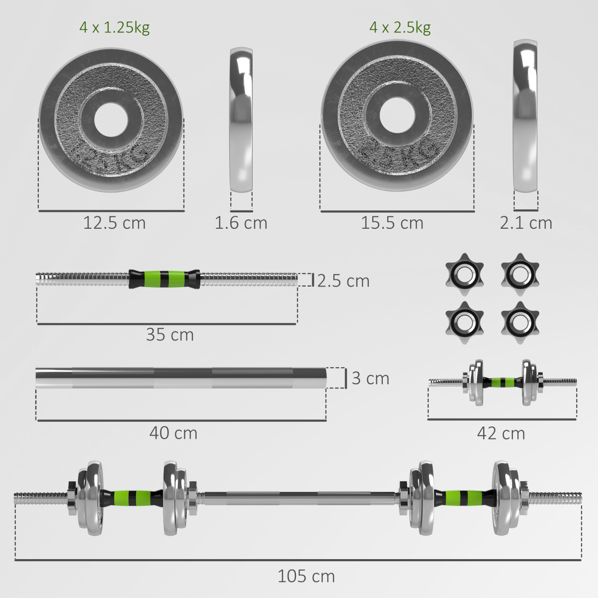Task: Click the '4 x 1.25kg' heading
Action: tap(114, 27)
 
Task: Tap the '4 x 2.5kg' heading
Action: tap(400, 27)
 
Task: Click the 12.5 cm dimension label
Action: tap(114, 223)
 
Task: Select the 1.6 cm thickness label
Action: tap(241, 223)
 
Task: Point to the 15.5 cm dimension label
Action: tap(392, 223)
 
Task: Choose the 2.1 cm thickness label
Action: tap(526, 223)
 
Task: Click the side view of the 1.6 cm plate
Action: tap(241, 120)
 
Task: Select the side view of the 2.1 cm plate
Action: tap(526, 116)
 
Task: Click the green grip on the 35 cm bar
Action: tap(164, 279)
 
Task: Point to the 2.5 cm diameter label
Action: tap(343, 281)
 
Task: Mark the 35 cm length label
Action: tap(169, 335)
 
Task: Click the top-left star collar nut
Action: tap(464, 273)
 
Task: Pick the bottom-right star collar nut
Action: tap(520, 321)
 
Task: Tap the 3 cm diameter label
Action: tap(370, 378)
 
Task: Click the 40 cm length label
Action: tap(173, 433)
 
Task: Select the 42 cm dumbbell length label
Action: tap(501, 434)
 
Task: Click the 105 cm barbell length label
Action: tap(306, 577)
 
